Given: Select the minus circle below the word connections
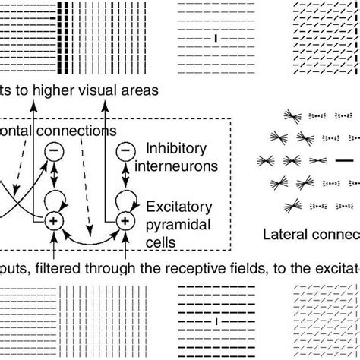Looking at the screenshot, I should click(x=55, y=153).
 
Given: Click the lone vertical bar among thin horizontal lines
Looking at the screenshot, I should click(x=216, y=36).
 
